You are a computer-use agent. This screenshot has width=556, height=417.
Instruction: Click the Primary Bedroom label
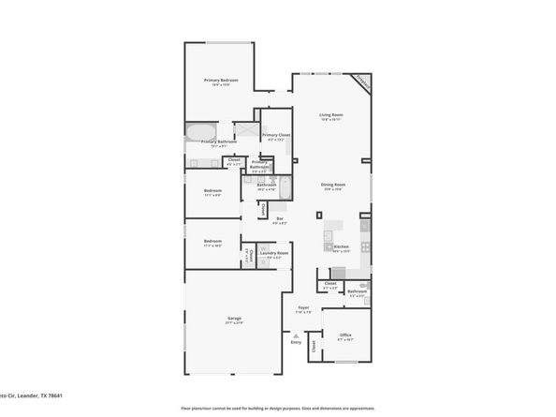coord(221,81)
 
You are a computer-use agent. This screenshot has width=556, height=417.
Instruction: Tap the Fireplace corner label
coord(360,82)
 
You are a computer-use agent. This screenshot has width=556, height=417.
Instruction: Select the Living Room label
coord(331,115)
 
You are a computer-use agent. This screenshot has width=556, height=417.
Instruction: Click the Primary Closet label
coord(276,136)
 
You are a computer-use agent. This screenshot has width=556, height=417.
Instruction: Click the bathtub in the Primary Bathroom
coord(200,129)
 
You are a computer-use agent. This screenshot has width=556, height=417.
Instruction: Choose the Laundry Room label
coord(274,253)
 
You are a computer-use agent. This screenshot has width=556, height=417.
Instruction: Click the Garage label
coord(234,320)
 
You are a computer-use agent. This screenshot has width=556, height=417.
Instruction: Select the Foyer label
coord(303,307)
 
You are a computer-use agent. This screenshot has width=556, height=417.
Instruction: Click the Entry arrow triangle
coord(297,335)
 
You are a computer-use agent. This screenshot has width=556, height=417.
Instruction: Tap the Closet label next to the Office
coord(314,347)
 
